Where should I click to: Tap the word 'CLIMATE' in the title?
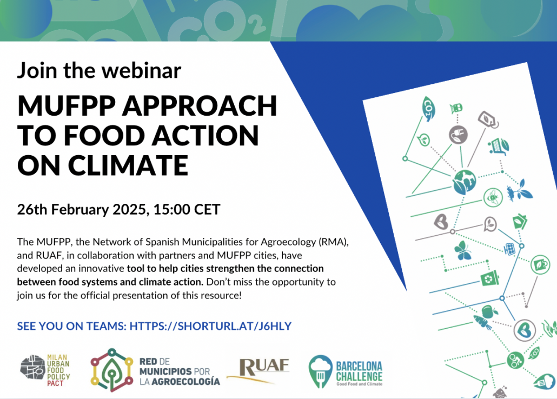pyautogui.click(x=128, y=165)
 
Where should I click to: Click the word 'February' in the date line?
pyautogui.click(x=80, y=210)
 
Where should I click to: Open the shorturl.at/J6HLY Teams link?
pyautogui.click(x=210, y=326)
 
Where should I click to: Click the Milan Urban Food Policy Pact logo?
pyautogui.click(x=45, y=370)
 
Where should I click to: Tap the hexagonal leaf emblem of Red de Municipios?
pyautogui.click(x=112, y=370)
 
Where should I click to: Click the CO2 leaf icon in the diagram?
pyautogui.click(x=428, y=108)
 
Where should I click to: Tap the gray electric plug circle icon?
pyautogui.click(x=458, y=135)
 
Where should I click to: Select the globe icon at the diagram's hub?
pyautogui.click(x=465, y=182)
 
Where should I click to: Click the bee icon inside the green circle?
pyautogui.click(x=493, y=197)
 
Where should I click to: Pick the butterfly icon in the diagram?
pyautogui.click(x=463, y=250)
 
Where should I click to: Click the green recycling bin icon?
pyautogui.click(x=490, y=278)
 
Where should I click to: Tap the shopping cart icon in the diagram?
pyautogui.click(x=499, y=146)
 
